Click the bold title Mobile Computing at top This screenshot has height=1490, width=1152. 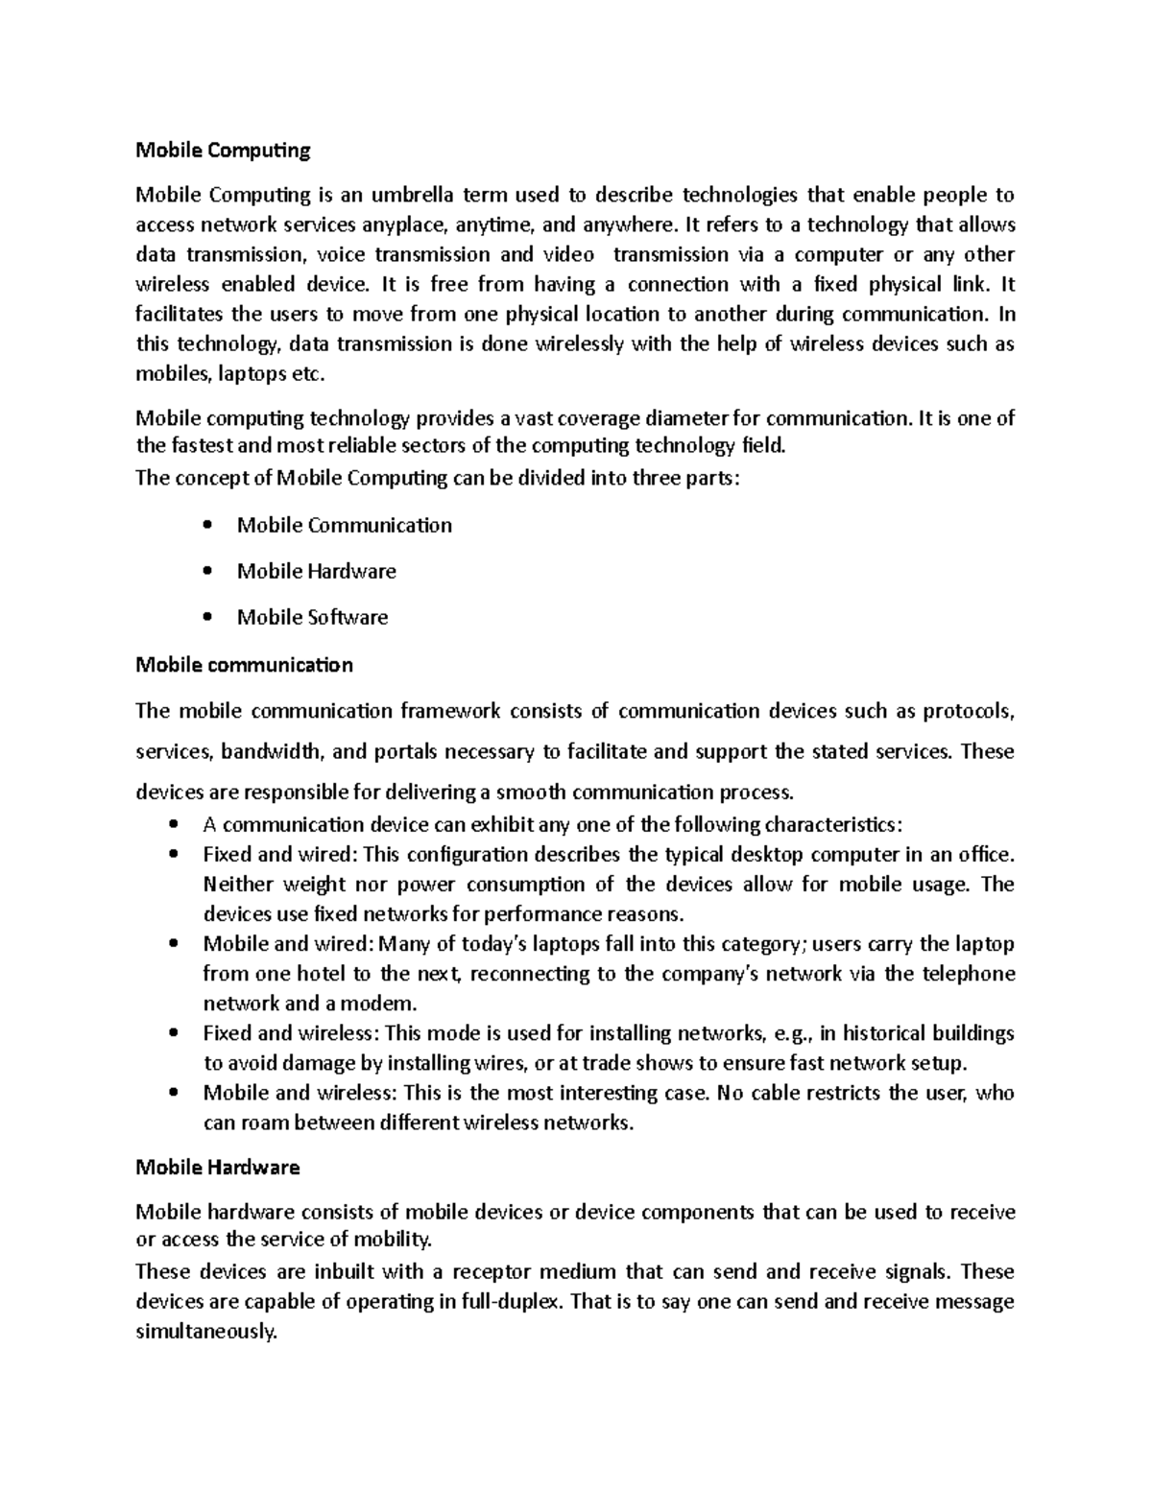click(223, 150)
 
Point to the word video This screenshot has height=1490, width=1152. click(568, 255)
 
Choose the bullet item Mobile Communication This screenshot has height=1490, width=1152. click(344, 525)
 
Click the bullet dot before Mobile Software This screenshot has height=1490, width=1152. click(207, 617)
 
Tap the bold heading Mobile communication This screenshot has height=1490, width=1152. click(244, 665)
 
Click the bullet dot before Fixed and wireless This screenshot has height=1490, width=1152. click(174, 1034)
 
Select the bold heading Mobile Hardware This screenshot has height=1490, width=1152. click(218, 1168)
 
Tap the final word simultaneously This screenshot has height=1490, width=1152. click(205, 1332)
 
